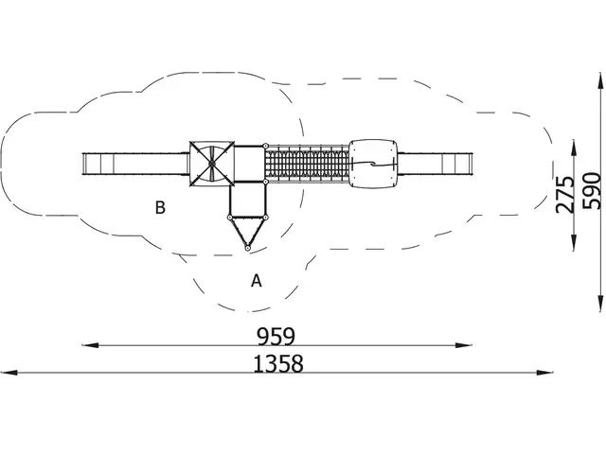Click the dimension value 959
tap(276, 337)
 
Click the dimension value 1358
tap(278, 364)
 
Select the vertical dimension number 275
tap(565, 195)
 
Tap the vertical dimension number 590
tap(592, 191)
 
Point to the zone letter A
tap(257, 281)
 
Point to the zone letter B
tap(160, 207)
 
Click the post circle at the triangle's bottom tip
tap(247, 248)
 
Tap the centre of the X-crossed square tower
tap(212, 164)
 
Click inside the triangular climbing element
tap(247, 229)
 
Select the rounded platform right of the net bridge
tap(373, 164)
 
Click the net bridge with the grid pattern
tap(308, 164)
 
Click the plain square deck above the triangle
tap(248, 200)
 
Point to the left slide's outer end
tap(83, 165)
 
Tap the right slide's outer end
tap(472, 164)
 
